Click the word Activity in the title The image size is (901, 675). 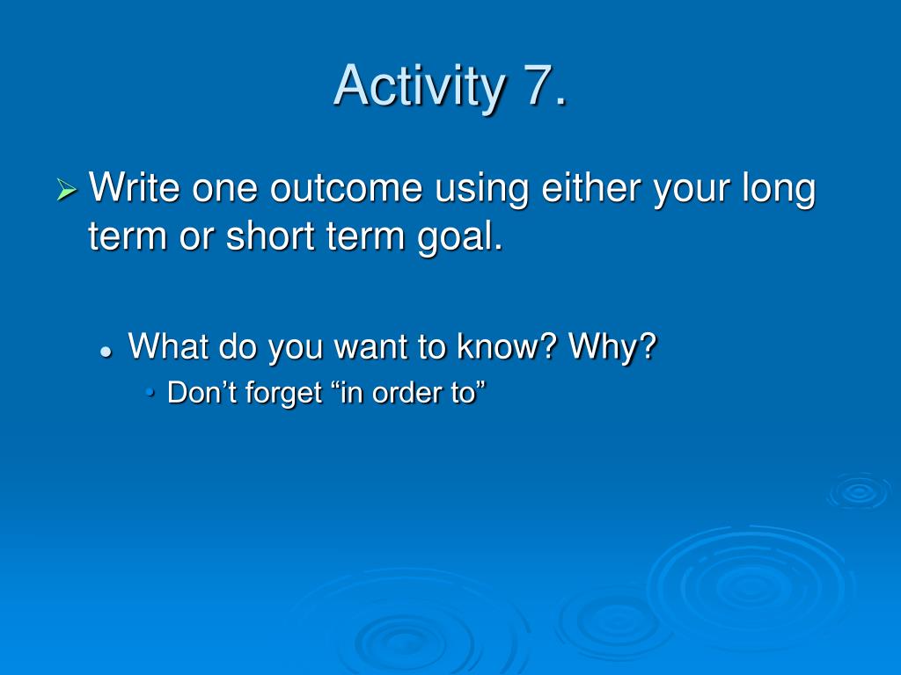[x=419, y=86]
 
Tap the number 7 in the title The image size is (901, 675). [x=538, y=84]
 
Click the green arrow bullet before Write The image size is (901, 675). [x=67, y=190]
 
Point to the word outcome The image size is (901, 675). [x=347, y=188]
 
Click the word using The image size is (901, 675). [x=481, y=189]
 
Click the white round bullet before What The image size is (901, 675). [x=106, y=352]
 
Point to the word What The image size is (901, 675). [x=168, y=345]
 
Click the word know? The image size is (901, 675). [x=507, y=345]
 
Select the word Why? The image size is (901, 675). [x=612, y=346]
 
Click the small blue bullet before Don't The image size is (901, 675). [x=150, y=393]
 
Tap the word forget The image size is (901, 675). [x=284, y=394]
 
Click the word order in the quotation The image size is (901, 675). [x=407, y=393]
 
